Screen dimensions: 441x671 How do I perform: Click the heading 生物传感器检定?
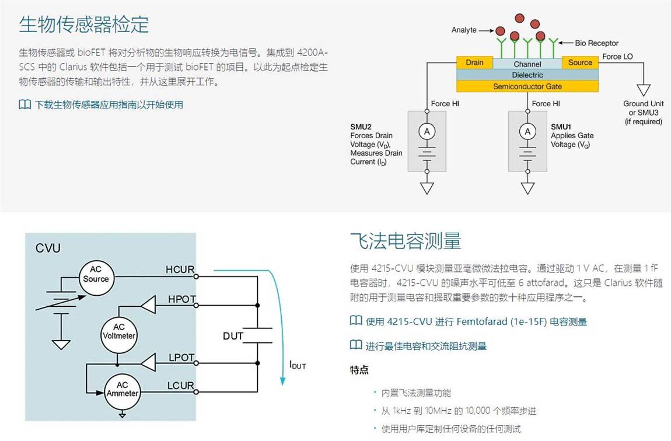(x=84, y=24)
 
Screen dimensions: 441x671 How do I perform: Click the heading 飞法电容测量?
(x=406, y=240)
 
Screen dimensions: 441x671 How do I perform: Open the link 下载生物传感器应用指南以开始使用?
(x=109, y=105)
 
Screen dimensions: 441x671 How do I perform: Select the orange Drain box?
(x=474, y=62)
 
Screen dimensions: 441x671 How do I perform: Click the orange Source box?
(x=580, y=62)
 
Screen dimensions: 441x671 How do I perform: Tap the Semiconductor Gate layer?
(x=527, y=86)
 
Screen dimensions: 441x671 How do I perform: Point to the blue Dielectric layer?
(x=527, y=75)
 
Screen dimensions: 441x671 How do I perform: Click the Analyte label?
(x=464, y=30)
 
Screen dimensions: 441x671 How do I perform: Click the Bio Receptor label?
(x=596, y=43)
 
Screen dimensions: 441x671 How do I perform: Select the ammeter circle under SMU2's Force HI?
(x=427, y=132)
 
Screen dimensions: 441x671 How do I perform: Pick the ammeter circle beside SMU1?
(x=527, y=132)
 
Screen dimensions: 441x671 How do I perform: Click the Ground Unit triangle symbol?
(x=644, y=90)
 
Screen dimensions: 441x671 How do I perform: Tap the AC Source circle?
(x=96, y=274)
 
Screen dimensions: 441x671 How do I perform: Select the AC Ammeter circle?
(x=122, y=389)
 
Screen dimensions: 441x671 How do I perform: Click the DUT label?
(x=233, y=336)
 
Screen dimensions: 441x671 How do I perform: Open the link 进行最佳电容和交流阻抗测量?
(x=426, y=346)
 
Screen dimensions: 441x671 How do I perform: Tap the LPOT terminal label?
(x=181, y=357)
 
